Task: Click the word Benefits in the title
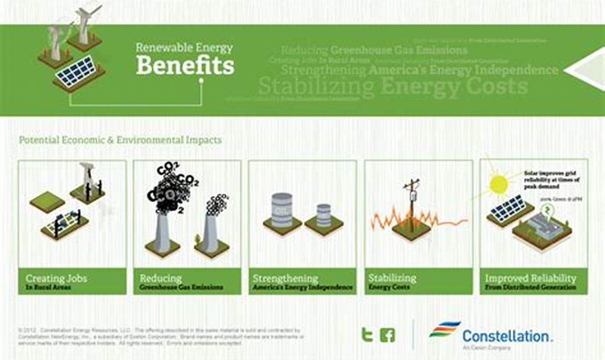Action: pos(185,65)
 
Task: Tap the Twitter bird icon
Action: pos(367,335)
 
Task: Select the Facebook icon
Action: pos(387,335)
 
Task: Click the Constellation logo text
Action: pos(507,336)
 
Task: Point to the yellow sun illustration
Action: pos(498,184)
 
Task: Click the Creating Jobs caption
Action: pos(56,281)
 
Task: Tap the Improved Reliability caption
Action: pos(531,281)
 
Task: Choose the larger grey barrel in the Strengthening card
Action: pos(282,210)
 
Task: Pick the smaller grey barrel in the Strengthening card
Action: pos(324,215)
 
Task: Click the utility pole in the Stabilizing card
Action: pos(411,204)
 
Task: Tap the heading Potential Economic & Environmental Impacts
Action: pos(120,140)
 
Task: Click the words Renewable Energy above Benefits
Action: pos(184,48)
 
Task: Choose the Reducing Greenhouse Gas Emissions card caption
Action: pos(181,281)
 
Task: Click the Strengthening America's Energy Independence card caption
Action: pos(302,281)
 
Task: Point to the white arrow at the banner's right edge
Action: pos(587,70)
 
